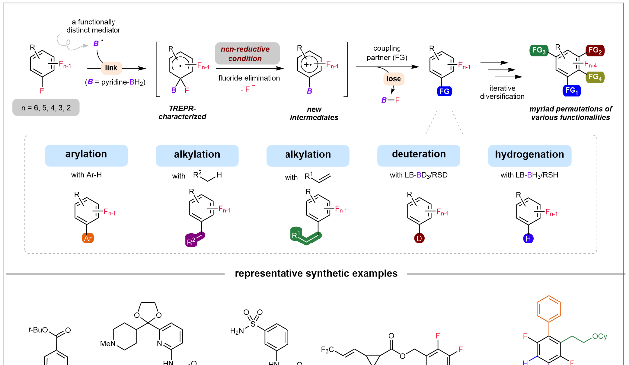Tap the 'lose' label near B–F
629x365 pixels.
(x=394, y=79)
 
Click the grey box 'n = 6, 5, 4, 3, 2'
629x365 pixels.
(x=46, y=107)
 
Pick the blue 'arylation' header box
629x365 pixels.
(x=86, y=155)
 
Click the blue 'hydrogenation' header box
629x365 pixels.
(x=529, y=155)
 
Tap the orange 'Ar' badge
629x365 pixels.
(x=87, y=239)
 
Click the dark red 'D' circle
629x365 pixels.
(x=419, y=239)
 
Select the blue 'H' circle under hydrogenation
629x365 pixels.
(x=528, y=239)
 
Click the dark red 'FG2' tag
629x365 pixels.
(x=595, y=50)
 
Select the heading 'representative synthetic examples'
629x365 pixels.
(x=316, y=273)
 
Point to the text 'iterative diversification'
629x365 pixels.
(x=502, y=93)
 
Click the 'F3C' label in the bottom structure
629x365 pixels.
(x=330, y=350)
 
